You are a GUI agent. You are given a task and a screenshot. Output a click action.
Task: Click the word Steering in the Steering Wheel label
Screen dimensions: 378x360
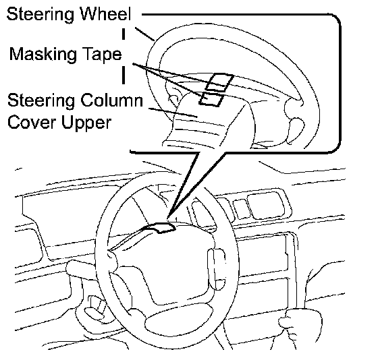(40, 15)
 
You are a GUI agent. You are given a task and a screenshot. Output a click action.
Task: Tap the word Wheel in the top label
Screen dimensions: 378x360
(105, 14)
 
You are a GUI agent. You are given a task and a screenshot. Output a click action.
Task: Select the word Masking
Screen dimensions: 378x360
(43, 55)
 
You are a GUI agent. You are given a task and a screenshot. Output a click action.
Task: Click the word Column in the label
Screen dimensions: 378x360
(111, 100)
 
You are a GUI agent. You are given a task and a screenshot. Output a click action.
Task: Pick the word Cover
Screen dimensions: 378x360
(32, 122)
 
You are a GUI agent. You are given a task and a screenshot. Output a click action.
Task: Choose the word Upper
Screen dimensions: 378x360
(86, 123)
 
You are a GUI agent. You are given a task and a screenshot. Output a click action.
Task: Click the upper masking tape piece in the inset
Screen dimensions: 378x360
(219, 82)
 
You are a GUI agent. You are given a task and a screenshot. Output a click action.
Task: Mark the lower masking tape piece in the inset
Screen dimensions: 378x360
(211, 98)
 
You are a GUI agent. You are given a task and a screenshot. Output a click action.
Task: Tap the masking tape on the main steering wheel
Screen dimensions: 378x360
(159, 228)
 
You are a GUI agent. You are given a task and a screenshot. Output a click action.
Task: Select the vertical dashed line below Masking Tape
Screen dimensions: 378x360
(124, 76)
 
